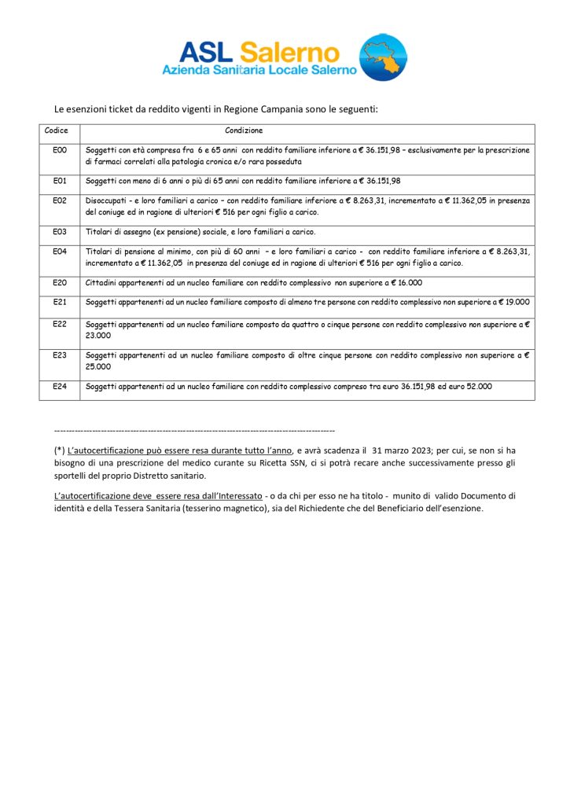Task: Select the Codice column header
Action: pos(57,130)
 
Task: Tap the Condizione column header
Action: pos(244,130)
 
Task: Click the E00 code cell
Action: pos(59,149)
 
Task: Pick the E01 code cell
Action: pos(59,181)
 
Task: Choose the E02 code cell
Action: pos(59,200)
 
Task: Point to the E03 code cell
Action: pos(59,232)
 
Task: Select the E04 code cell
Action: pos(59,252)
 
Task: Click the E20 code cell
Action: pos(59,282)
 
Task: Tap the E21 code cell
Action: pos(59,302)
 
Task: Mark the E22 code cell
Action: pos(59,323)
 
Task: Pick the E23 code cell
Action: pos(59,355)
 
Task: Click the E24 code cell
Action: pos(59,386)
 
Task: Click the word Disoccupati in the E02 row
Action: pos(105,200)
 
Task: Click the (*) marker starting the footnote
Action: pos(60,450)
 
